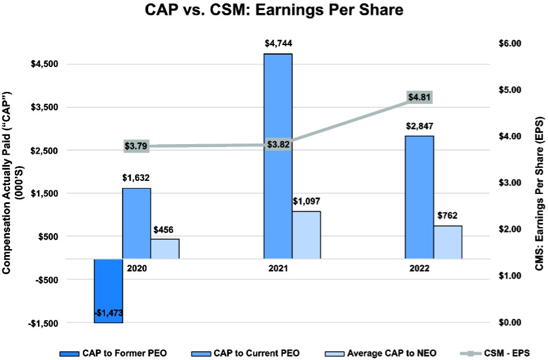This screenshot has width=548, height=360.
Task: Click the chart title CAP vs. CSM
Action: click(x=273, y=11)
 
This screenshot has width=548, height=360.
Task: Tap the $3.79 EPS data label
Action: click(x=136, y=146)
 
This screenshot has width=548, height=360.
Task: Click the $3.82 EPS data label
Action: click(x=278, y=145)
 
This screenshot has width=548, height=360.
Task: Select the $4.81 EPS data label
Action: click(x=419, y=98)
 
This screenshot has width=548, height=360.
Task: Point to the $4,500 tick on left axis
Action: click(x=44, y=65)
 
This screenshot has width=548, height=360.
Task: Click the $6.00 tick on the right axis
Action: click(x=508, y=43)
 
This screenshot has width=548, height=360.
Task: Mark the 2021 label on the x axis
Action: click(x=278, y=269)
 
